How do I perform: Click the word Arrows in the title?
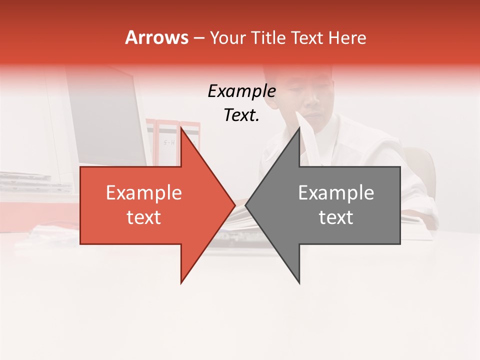[156, 37]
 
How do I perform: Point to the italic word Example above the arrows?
[241, 91]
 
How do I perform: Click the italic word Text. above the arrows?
[241, 115]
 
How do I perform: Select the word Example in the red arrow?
[144, 193]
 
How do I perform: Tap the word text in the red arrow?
[144, 217]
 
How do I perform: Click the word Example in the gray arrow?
[336, 193]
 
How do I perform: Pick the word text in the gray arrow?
[336, 217]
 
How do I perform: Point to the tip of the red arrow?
[234, 205]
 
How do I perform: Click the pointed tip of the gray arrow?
[246, 205]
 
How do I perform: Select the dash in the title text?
[198, 38]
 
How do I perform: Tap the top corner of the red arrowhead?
[181, 128]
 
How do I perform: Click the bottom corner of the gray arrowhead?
[299, 283]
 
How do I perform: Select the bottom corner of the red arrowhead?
[181, 283]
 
